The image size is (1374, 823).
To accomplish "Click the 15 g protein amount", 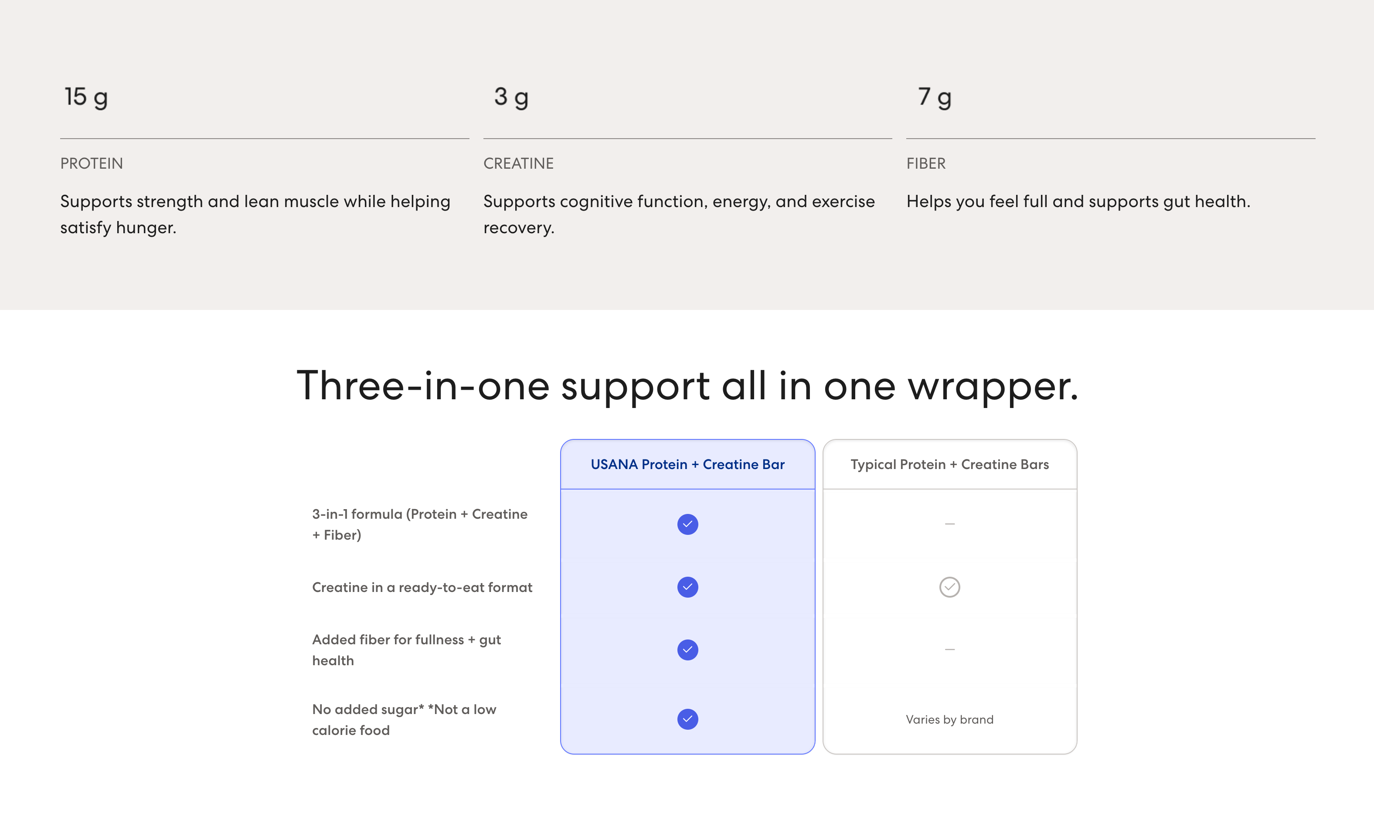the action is coord(86,98).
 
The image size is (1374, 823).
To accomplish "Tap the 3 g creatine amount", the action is coord(511,98).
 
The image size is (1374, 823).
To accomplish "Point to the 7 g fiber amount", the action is coord(935,98).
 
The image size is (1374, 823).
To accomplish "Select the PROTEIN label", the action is coord(92,163).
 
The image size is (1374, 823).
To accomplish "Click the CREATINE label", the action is coord(518,163).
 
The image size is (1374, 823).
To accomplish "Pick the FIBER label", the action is coord(926,163).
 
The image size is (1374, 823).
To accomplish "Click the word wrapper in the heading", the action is coord(993,387).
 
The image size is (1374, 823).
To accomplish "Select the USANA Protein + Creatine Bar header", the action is coord(687,464).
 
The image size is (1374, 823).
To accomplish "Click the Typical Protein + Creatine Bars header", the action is coord(950,464).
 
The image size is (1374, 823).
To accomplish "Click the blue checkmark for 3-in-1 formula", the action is coord(687,524).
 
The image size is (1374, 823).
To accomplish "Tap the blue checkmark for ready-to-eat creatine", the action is coord(687,587).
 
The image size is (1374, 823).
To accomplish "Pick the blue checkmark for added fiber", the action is coord(687,650).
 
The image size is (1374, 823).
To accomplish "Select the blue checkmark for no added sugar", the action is coord(687,719).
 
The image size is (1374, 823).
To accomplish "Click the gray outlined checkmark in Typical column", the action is coord(950,587).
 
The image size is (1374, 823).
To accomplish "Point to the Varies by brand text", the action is coord(950,719).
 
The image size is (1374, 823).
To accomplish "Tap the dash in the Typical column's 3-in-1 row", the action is coord(950,524).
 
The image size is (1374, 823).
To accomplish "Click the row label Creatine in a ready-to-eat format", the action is coord(422,587).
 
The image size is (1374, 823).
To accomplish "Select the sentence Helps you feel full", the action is coord(1078,201).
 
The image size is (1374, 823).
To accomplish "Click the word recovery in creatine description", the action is coord(518,228).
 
